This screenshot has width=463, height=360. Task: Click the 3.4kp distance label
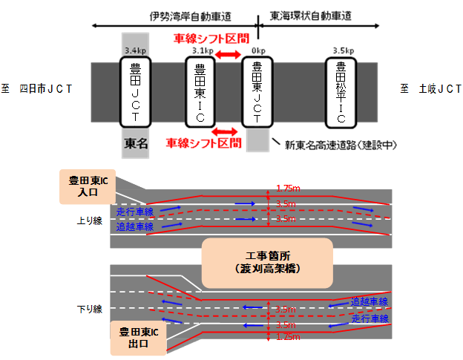coord(136,50)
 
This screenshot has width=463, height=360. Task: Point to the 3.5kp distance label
coord(343,50)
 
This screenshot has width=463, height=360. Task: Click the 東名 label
coord(136,144)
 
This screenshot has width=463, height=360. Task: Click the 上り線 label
coord(88,220)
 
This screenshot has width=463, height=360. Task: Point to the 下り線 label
coord(88,307)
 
